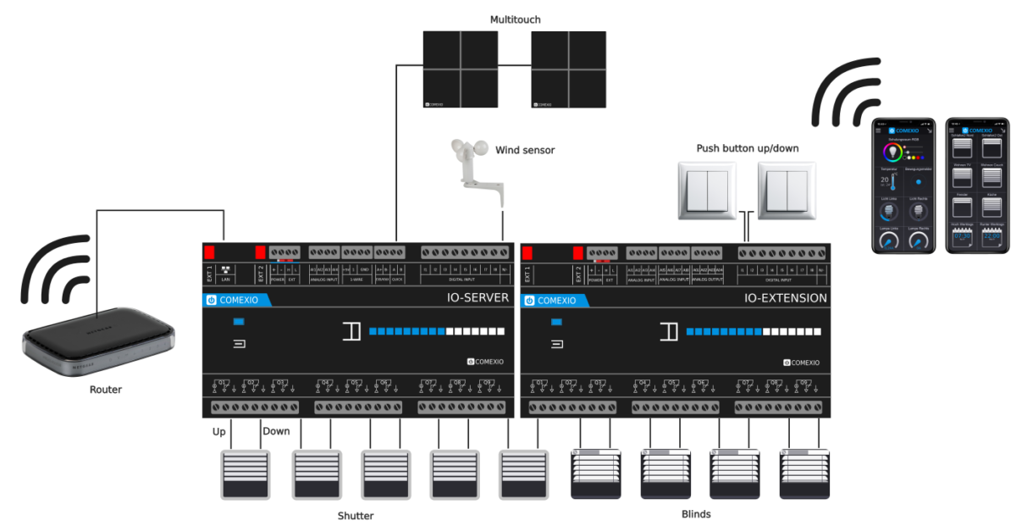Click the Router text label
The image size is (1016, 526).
point(106,390)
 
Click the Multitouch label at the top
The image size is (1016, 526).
point(515,19)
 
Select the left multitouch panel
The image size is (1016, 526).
point(461,69)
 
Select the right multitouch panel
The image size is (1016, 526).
point(568,69)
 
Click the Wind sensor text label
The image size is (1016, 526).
point(525,150)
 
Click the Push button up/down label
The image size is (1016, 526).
point(748,148)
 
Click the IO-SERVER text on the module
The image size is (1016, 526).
point(478,298)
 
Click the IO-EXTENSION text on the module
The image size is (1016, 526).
point(786,298)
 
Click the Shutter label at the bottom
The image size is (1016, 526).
point(356,515)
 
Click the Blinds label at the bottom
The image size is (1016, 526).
point(696,513)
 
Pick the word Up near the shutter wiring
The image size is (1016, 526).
point(219,431)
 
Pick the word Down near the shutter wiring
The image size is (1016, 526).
point(276,431)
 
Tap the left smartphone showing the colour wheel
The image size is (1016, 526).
point(904,185)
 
